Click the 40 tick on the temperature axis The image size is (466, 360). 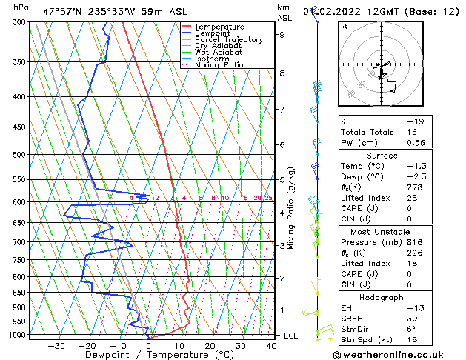(x=271, y=346)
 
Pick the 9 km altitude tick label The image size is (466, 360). (x=282, y=34)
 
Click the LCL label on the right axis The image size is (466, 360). (x=291, y=336)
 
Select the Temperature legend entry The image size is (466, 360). (x=219, y=27)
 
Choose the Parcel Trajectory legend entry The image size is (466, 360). (x=228, y=40)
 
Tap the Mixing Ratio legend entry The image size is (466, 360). (x=219, y=65)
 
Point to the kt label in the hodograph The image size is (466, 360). (x=344, y=26)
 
